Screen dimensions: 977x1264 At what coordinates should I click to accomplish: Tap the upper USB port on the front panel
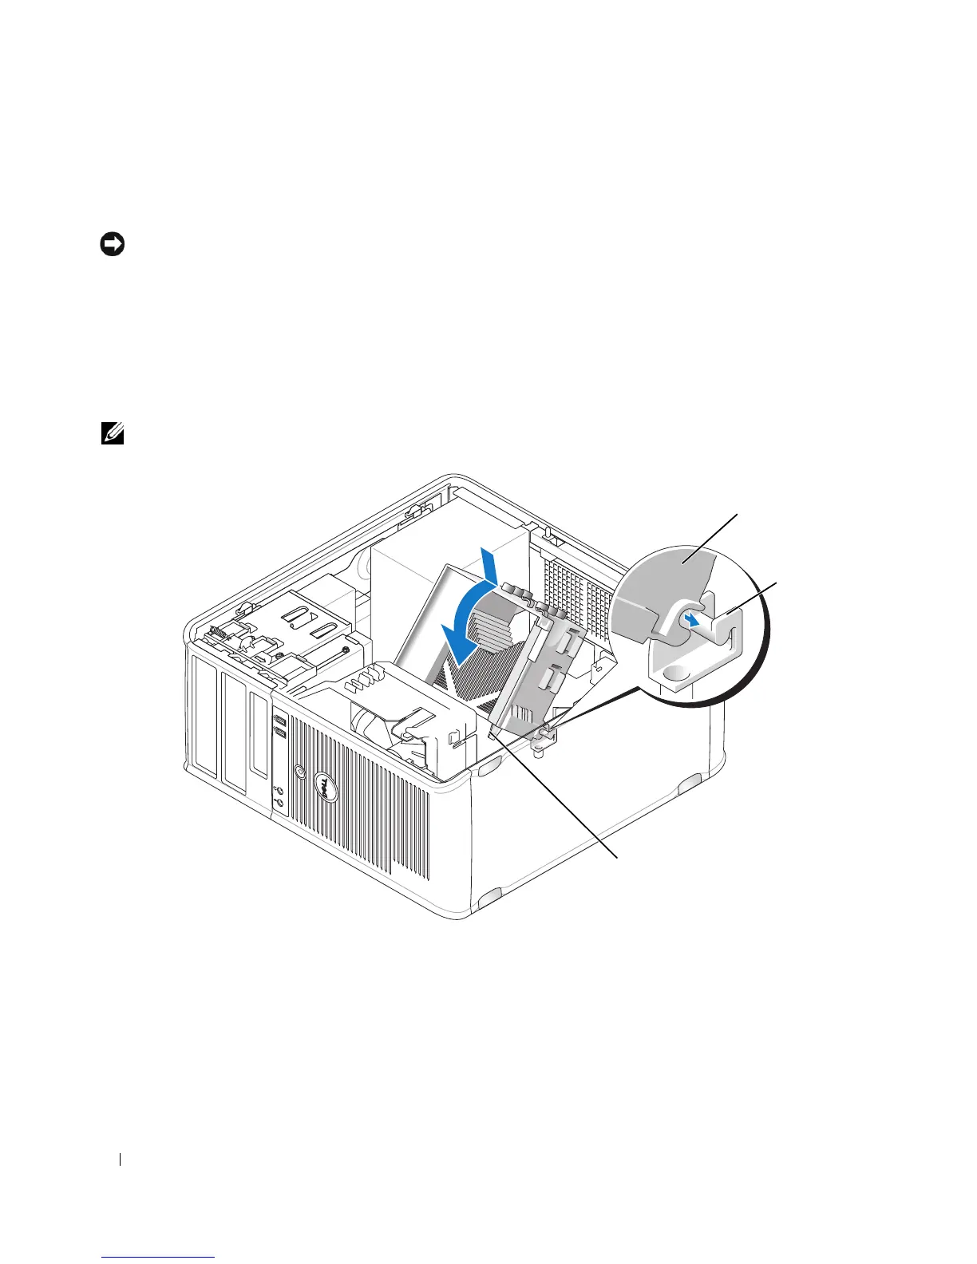click(x=279, y=720)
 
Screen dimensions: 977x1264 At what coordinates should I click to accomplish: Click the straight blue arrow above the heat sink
click(x=489, y=567)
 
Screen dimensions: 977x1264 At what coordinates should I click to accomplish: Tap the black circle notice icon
click(x=112, y=245)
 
